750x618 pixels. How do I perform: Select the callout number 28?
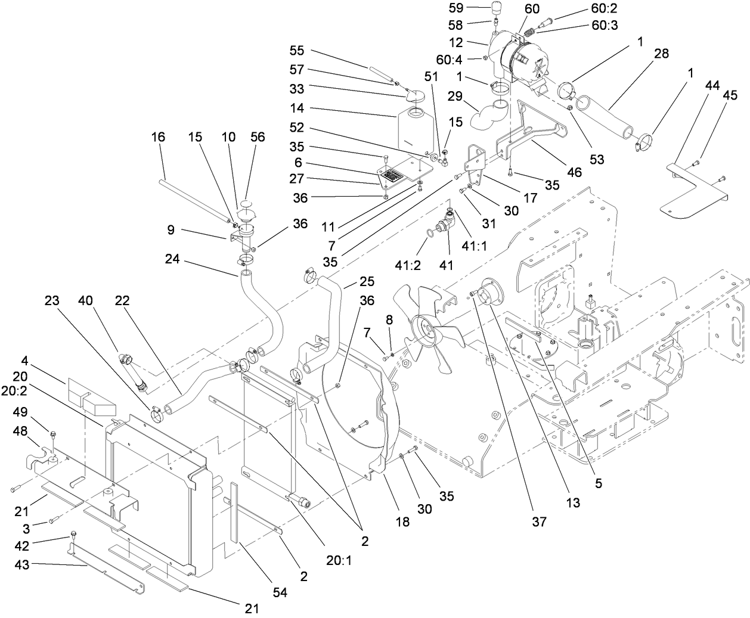[661, 54]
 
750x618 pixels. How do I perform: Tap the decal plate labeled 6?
[393, 176]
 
